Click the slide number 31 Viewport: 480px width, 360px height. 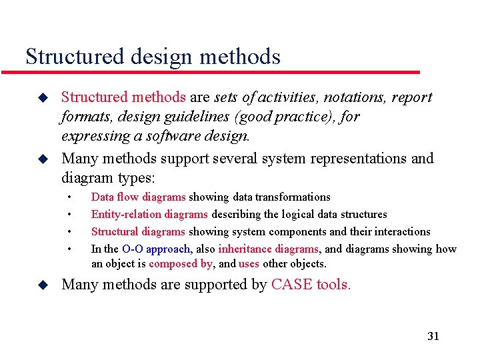click(433, 336)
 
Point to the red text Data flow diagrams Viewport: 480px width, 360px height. click(138, 197)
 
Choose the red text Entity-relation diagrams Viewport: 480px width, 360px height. click(150, 215)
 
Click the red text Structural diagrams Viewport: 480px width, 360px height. click(138, 232)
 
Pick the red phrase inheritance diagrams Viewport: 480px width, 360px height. click(269, 249)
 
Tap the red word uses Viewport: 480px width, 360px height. click(249, 263)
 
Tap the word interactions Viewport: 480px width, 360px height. click(402, 232)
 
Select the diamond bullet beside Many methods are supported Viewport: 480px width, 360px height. click(43, 285)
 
